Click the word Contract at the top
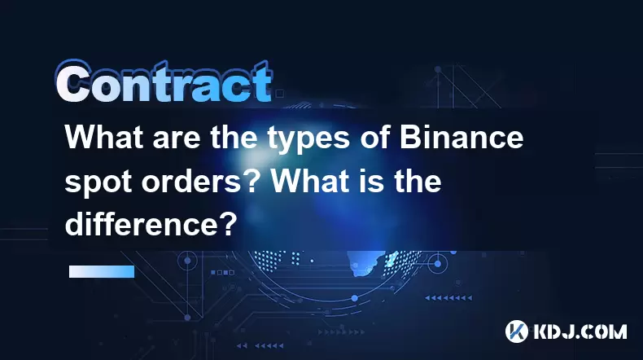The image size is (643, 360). pos(164,82)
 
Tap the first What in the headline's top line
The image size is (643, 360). pos(104,138)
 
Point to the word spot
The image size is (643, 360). pos(98,182)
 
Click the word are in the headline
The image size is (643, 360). pos(177,141)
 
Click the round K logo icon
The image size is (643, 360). pos(516,331)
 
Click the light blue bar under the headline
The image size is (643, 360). pos(102,272)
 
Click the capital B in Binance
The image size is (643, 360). pos(410,138)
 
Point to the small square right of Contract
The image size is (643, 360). pos(280,94)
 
